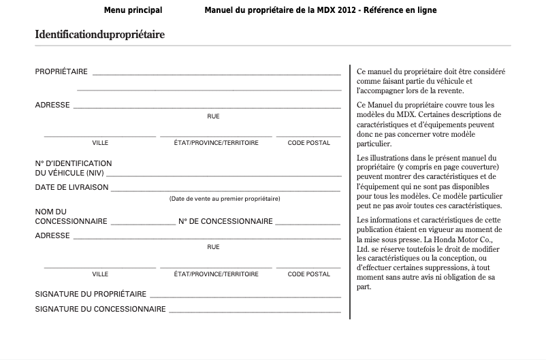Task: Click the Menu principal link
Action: click(133, 10)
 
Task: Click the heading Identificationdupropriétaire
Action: click(100, 34)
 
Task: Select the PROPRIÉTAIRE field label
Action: click(61, 71)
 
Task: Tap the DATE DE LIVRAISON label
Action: click(71, 187)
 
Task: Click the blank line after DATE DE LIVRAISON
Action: click(225, 190)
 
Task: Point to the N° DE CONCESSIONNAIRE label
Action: click(225, 221)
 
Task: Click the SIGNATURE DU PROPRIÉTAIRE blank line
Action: click(245, 297)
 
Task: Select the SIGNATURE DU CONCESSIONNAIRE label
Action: click(100, 309)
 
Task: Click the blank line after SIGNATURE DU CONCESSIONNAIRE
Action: click(255, 312)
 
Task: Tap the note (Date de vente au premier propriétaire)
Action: click(225, 199)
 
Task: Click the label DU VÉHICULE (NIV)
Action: click(69, 173)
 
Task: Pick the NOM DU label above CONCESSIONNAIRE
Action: click(51, 212)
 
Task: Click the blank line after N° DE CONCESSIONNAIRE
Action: click(308, 224)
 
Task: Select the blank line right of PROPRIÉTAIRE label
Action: click(216, 73)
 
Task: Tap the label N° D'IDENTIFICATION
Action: click(74, 163)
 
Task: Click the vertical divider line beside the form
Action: click(350, 191)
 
